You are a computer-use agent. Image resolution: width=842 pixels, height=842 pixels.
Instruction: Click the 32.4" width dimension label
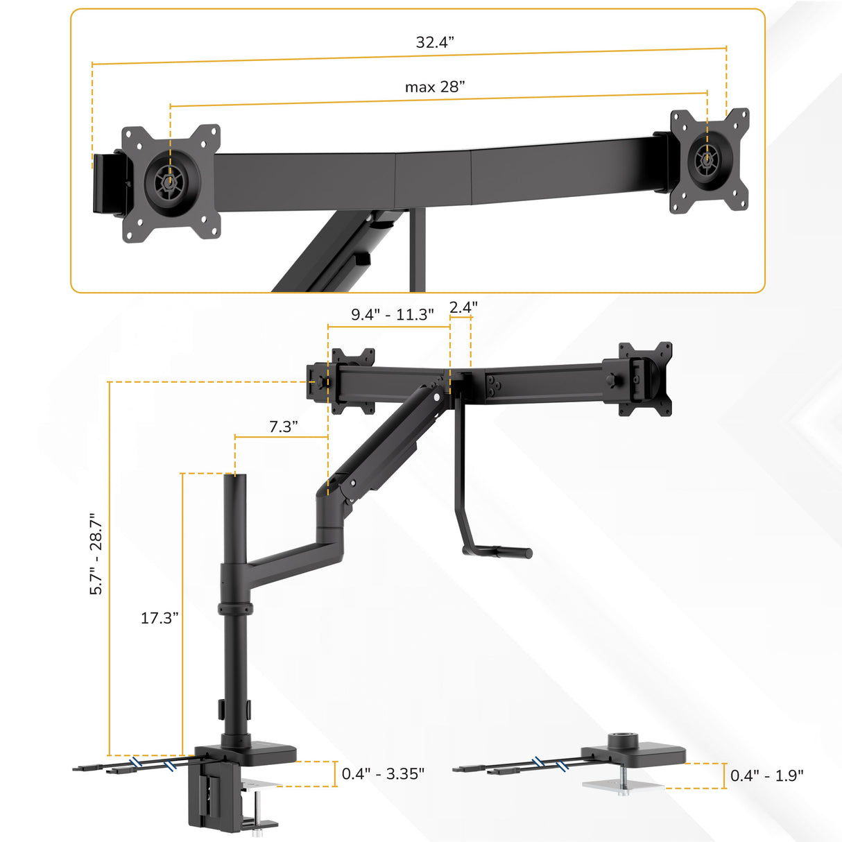[x=435, y=42]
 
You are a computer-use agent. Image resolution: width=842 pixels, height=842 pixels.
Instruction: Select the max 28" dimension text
[x=435, y=87]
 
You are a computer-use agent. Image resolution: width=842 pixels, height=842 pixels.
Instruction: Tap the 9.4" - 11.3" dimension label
[x=392, y=314]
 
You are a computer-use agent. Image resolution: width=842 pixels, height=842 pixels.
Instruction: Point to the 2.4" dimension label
[x=463, y=307]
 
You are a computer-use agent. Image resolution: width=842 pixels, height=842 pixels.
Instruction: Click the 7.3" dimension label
[x=284, y=426]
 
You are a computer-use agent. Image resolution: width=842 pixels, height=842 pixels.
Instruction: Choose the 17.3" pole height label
[x=160, y=617]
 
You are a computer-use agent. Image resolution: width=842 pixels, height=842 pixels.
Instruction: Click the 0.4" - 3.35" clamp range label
[x=383, y=773]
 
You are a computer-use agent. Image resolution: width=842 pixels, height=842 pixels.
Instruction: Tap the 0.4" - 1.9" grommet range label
[x=766, y=775]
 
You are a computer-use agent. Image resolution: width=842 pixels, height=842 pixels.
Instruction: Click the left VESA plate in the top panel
[x=171, y=183]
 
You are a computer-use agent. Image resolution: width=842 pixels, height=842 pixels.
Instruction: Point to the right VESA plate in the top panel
[x=709, y=160]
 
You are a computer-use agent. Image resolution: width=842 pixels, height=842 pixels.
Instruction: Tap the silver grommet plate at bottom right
[x=622, y=784]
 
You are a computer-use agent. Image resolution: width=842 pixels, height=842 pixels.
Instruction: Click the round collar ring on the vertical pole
[x=234, y=609]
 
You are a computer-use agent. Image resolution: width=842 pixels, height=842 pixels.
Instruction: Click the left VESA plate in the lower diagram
[x=352, y=381]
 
